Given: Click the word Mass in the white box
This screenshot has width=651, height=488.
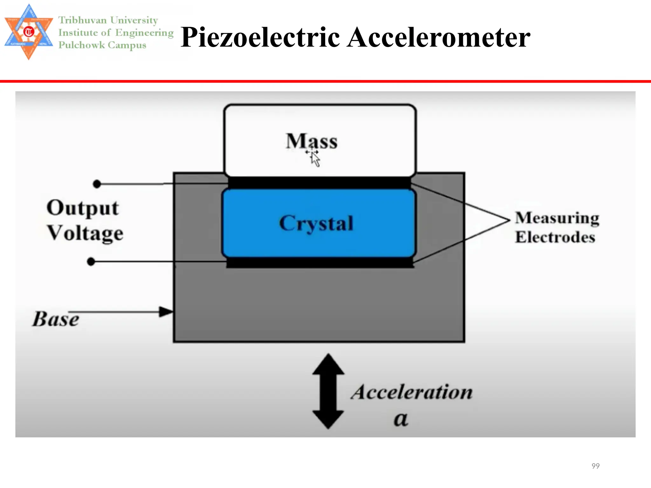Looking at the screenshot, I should tap(312, 141).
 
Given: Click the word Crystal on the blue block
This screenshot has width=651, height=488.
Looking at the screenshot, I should tap(316, 223).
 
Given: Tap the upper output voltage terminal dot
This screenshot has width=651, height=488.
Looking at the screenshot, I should tap(97, 184).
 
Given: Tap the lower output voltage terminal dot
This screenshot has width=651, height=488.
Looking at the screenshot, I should tap(91, 261).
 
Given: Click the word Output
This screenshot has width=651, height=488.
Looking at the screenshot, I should tap(83, 208).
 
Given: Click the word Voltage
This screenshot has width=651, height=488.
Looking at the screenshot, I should tap(85, 233).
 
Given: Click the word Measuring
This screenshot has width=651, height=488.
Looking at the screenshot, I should tap(557, 218).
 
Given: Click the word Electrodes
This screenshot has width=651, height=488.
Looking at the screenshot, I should tap(555, 237).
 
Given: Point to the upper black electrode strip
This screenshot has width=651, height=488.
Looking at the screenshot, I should tap(319, 183).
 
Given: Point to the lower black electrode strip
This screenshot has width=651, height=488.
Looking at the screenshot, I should tap(320, 263).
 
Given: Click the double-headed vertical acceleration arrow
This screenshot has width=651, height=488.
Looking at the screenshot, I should tap(328, 391).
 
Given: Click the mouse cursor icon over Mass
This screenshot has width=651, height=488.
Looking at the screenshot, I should tap(315, 158).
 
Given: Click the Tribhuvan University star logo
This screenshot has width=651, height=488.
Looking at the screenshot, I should tap(29, 32).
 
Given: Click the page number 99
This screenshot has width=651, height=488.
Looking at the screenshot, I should tap(595, 466).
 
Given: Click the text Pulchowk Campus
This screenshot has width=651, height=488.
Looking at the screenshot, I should tap(102, 45).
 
